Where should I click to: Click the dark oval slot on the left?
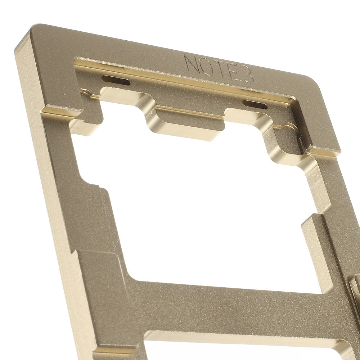pyautogui.click(x=116, y=80)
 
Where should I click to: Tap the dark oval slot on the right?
pyautogui.click(x=255, y=104)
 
